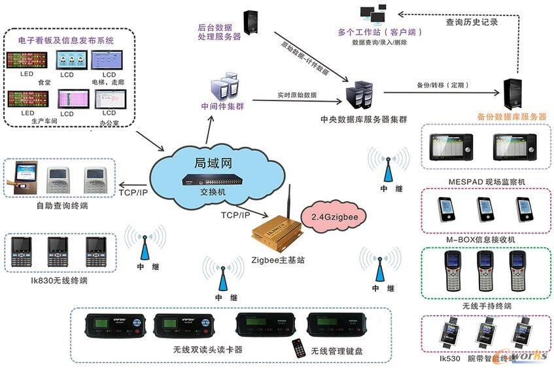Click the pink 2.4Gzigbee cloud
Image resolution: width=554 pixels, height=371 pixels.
coord(334,216)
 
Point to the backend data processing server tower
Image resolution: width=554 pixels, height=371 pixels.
coord(250,24)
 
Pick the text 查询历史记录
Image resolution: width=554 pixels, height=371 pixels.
coord(472,22)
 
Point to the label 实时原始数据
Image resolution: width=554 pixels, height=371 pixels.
coord(296,95)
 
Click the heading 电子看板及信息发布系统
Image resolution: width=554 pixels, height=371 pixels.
coord(66,40)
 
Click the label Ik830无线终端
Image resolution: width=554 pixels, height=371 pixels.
coord(58,281)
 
